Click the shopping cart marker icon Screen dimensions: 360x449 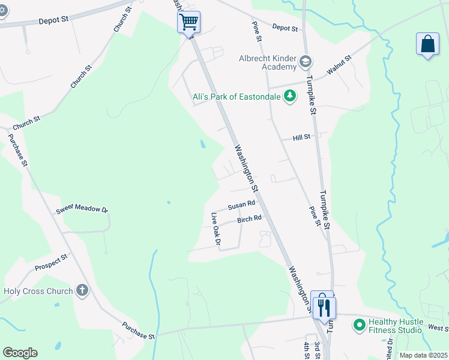[188, 22]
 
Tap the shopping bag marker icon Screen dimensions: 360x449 [427, 44]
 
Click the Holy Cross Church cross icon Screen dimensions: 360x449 [82, 292]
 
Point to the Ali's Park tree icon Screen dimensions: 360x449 [290, 96]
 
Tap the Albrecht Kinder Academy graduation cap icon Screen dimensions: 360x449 [306, 61]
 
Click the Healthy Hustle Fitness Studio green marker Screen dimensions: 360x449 [360, 326]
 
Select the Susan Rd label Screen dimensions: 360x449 [241, 206]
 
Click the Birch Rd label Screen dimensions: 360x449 [249, 220]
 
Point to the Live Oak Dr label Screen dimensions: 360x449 [216, 229]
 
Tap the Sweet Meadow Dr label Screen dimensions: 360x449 [82, 210]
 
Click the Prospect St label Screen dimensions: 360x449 [51, 263]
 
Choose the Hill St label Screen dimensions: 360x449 [301, 137]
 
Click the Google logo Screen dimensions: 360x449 [20, 353]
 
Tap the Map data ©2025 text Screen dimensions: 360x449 [423, 355]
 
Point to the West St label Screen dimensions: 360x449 [438, 328]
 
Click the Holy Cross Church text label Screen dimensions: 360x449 [38, 292]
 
